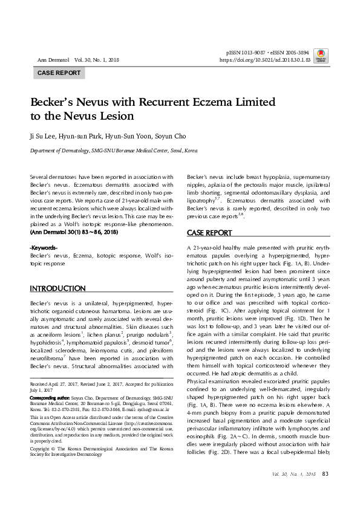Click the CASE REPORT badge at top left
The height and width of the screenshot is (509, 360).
point(59,73)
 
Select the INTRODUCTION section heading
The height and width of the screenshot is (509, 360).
point(57,288)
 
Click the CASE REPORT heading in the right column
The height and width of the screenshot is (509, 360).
point(209,233)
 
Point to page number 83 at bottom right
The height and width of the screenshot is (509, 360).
point(326,491)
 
